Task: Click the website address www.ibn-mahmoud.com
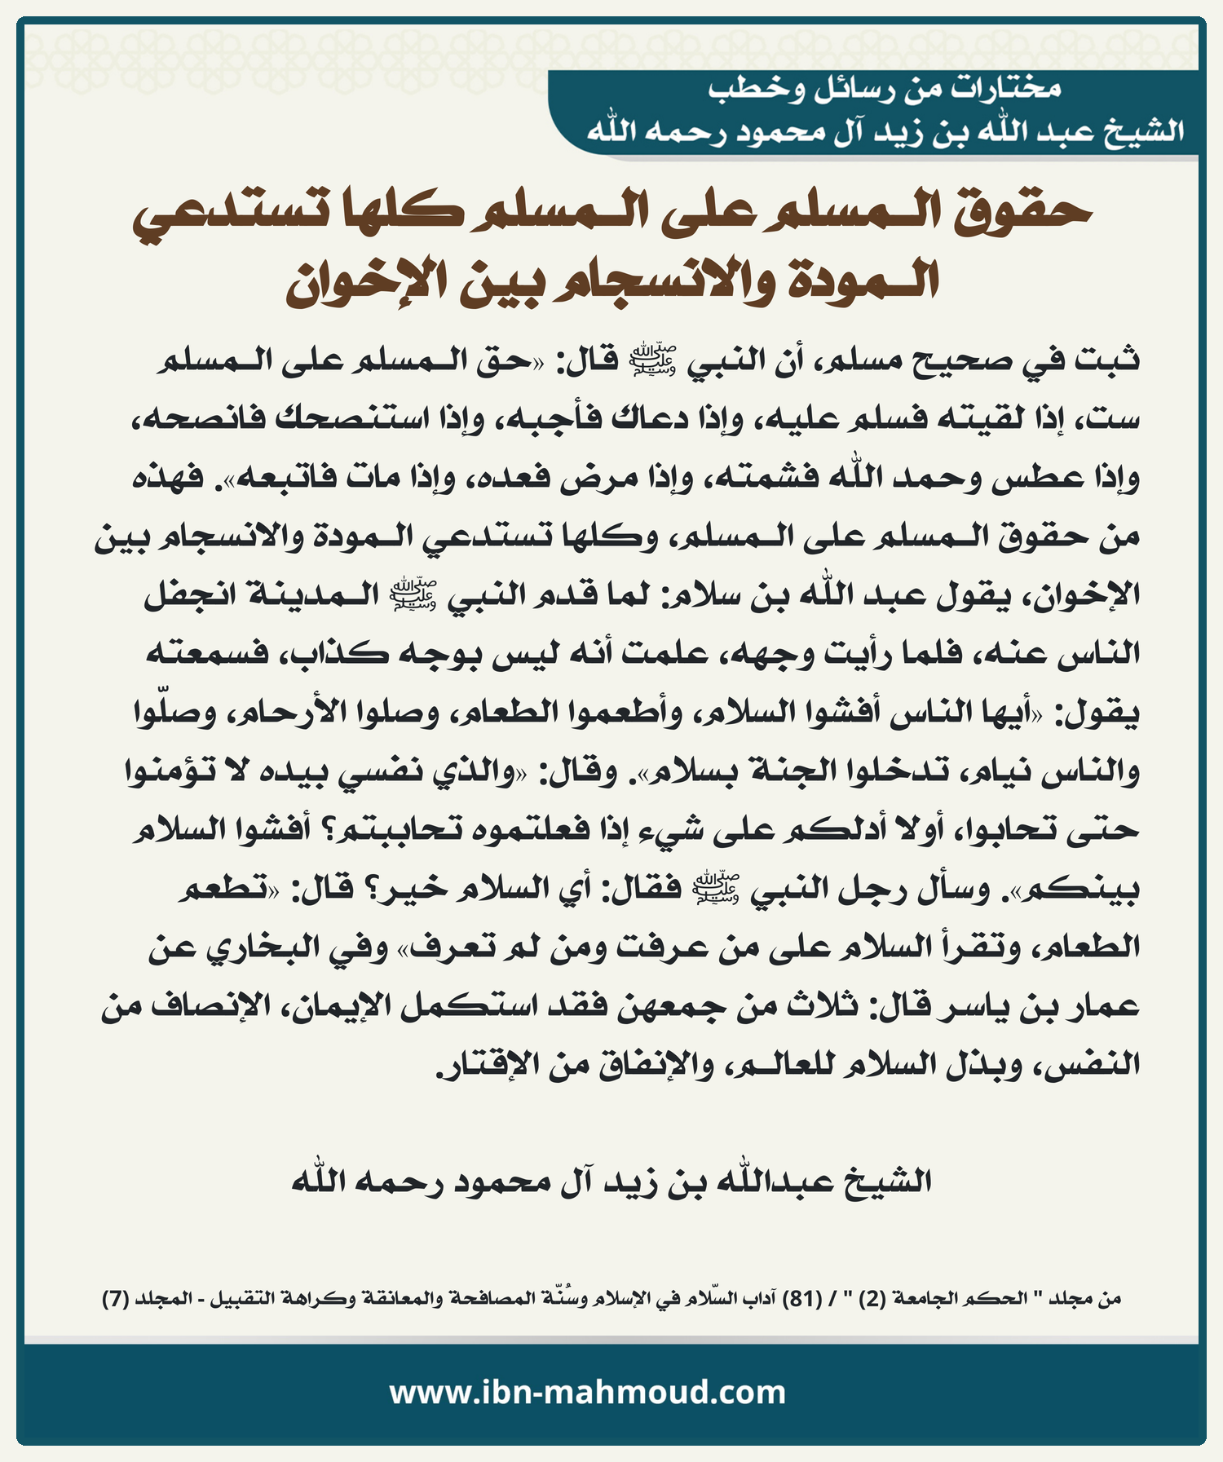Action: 587,1393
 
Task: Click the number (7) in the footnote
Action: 114,1299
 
